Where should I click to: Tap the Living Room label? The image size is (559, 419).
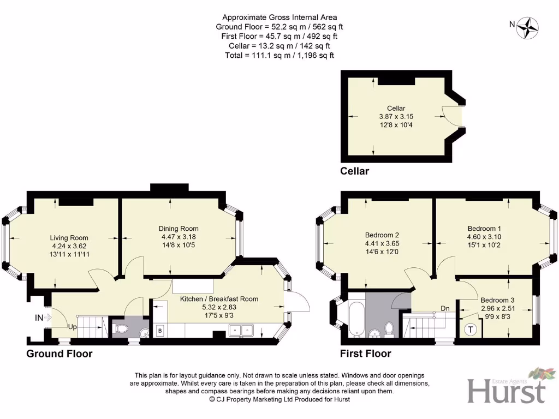pyautogui.click(x=69, y=238)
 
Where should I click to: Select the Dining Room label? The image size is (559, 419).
pyautogui.click(x=179, y=229)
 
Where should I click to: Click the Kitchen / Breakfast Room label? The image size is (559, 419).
pyautogui.click(x=219, y=299)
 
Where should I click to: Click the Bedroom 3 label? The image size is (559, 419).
pyautogui.click(x=497, y=300)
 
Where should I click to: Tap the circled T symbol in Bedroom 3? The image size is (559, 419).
pyautogui.click(x=469, y=330)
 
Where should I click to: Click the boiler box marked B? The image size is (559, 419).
pyautogui.click(x=160, y=331)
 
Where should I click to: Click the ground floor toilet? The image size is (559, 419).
pyautogui.click(x=121, y=329)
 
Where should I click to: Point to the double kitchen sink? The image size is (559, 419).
pyautogui.click(x=241, y=330)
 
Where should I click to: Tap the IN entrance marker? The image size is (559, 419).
pyautogui.click(x=40, y=317)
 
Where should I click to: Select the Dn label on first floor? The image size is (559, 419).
pyautogui.click(x=445, y=309)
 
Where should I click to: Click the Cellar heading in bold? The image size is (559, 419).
pyautogui.click(x=354, y=171)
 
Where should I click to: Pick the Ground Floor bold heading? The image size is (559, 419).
pyautogui.click(x=60, y=354)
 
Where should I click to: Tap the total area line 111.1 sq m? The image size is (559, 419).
pyautogui.click(x=279, y=55)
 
